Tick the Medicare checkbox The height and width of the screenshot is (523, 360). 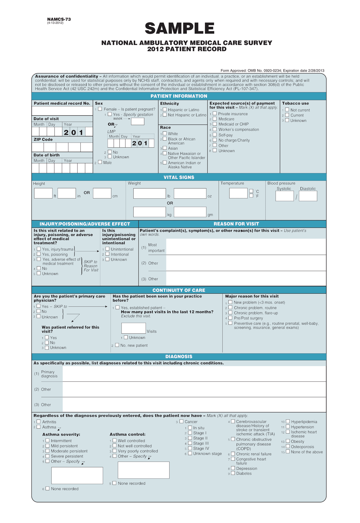coord(215,119)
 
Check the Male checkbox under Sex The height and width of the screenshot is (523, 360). coord(100,162)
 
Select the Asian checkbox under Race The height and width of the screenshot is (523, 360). coord(165,148)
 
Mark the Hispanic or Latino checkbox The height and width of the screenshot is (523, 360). coord(165,109)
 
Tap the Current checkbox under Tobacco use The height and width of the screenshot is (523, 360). coord(287,115)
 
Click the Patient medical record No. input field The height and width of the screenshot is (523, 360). coord(62,111)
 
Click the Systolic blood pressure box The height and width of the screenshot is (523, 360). coord(284,196)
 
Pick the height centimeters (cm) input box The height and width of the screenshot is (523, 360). coord(102,193)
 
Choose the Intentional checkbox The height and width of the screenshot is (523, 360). coord(107,254)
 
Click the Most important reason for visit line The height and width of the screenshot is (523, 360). coord(246,247)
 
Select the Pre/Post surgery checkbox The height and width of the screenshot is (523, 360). coord(230,318)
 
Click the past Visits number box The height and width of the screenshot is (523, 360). coord(133,328)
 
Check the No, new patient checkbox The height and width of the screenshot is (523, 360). coord(117,345)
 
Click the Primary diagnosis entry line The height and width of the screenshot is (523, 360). coord(194,374)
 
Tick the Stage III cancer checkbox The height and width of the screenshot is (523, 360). coord(190,443)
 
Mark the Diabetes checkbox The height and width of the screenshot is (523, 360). coord(233,473)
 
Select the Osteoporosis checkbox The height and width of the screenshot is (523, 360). coord(288,446)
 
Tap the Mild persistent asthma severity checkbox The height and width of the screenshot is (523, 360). coord(47,446)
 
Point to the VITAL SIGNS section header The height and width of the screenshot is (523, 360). coord(179,177)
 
